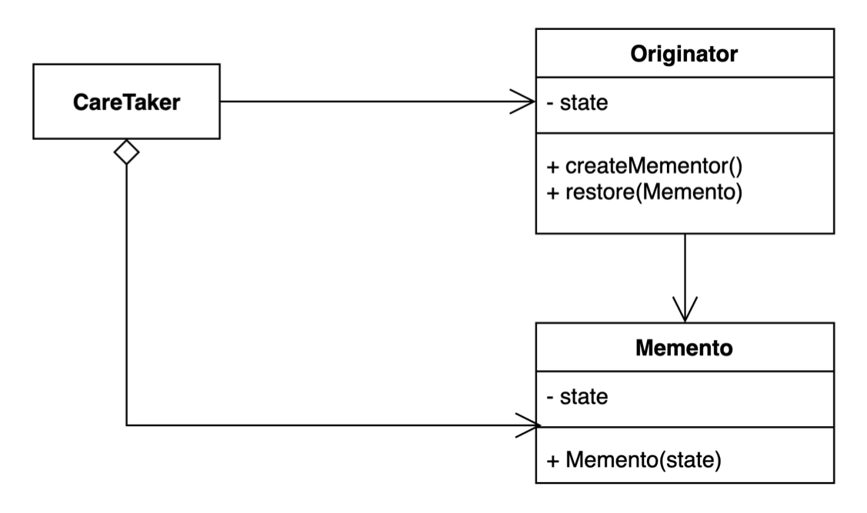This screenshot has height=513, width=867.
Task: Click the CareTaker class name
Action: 126,102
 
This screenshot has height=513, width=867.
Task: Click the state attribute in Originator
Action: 583,104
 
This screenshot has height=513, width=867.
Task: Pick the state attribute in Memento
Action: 583,398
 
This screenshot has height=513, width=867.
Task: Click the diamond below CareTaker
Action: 126,152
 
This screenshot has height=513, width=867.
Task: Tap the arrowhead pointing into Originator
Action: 526,102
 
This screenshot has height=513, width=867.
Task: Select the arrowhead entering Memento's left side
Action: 528,425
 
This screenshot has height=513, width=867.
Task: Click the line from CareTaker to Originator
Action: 369,102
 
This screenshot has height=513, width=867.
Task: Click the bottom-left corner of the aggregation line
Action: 126,425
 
